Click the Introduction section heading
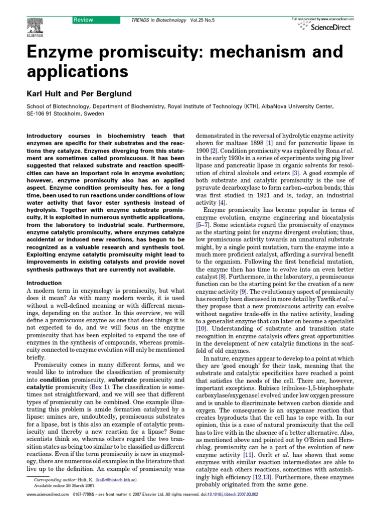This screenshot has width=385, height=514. tap(44, 283)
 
